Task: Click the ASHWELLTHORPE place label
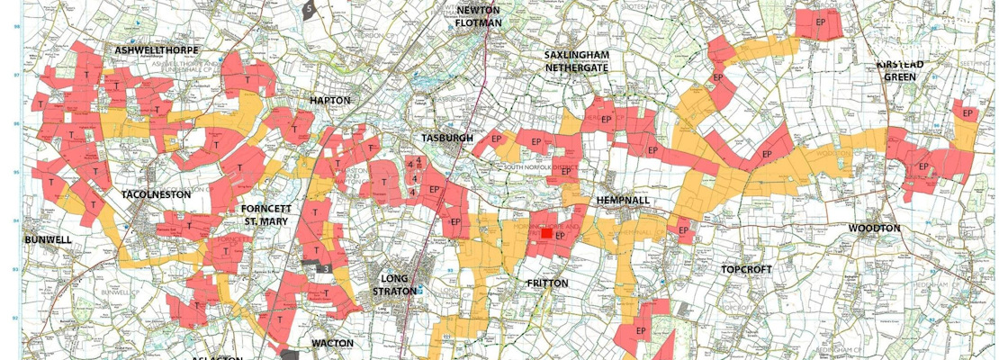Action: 156,50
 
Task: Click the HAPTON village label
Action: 329,101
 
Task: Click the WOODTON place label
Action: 874,229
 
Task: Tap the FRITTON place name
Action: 547,283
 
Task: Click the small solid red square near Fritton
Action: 545,231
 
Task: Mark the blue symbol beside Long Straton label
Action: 420,291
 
